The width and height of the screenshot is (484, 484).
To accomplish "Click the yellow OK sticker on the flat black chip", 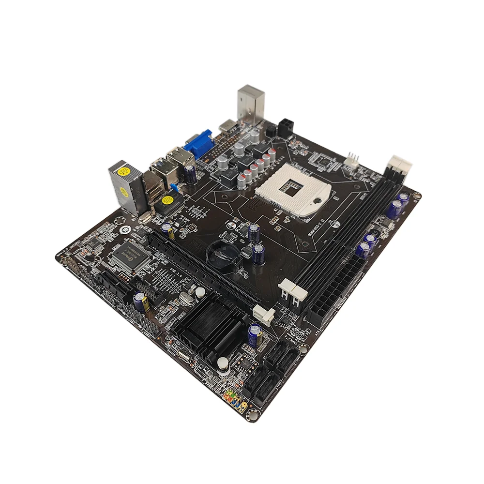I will click(168, 200).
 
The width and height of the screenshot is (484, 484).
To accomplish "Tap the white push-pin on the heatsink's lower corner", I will click(223, 363).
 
